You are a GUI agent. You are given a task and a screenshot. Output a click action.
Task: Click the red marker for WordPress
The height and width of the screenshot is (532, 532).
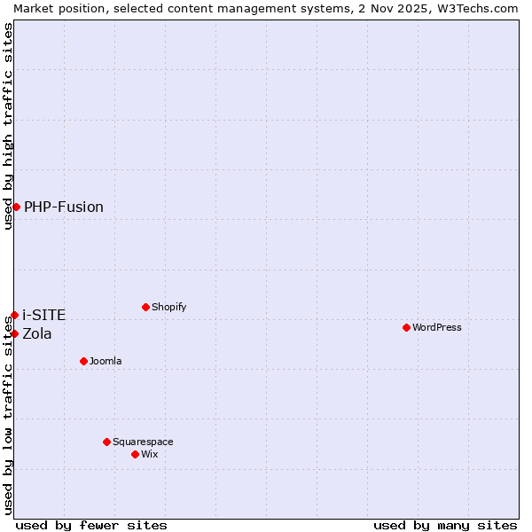pos(406,327)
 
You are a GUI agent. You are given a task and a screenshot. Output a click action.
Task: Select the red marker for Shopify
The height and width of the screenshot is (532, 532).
pos(145,307)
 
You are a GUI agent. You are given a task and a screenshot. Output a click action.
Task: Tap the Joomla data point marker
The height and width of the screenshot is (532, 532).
pos(83,361)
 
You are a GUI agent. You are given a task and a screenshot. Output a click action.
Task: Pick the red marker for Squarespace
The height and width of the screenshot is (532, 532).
pos(106,442)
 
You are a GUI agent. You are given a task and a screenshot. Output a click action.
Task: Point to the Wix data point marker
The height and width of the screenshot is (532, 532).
pos(135,454)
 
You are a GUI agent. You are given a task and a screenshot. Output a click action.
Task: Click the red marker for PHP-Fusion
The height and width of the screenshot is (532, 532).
pos(16,207)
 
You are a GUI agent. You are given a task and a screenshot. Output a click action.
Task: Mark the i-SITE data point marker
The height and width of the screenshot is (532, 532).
pos(14,315)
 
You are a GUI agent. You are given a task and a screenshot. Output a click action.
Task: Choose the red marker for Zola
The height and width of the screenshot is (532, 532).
pos(14,333)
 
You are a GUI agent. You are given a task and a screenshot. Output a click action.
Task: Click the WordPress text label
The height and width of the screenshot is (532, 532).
pos(437,327)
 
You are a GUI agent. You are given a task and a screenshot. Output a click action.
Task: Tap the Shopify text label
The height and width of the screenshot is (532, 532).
pos(168,307)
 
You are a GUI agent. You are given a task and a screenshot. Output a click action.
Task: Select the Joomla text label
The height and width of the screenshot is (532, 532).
pos(106,361)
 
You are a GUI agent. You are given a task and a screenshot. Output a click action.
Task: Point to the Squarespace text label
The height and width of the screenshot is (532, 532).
pos(143,442)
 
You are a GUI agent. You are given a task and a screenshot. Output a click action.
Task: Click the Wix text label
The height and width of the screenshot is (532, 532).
pos(150,454)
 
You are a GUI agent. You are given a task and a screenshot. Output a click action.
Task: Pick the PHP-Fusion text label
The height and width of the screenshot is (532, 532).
pos(64,207)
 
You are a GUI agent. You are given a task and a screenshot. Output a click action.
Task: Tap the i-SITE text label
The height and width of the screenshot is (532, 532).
pos(44,315)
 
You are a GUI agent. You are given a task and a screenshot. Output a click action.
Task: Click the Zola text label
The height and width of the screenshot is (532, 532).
pos(37,333)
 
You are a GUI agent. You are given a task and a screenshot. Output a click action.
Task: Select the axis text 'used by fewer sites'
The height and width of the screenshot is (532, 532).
pos(91,525)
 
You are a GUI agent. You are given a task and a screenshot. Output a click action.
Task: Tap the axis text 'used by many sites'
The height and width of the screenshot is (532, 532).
pos(445,525)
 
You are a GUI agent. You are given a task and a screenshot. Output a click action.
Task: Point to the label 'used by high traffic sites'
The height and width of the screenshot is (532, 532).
pos(8,126)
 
